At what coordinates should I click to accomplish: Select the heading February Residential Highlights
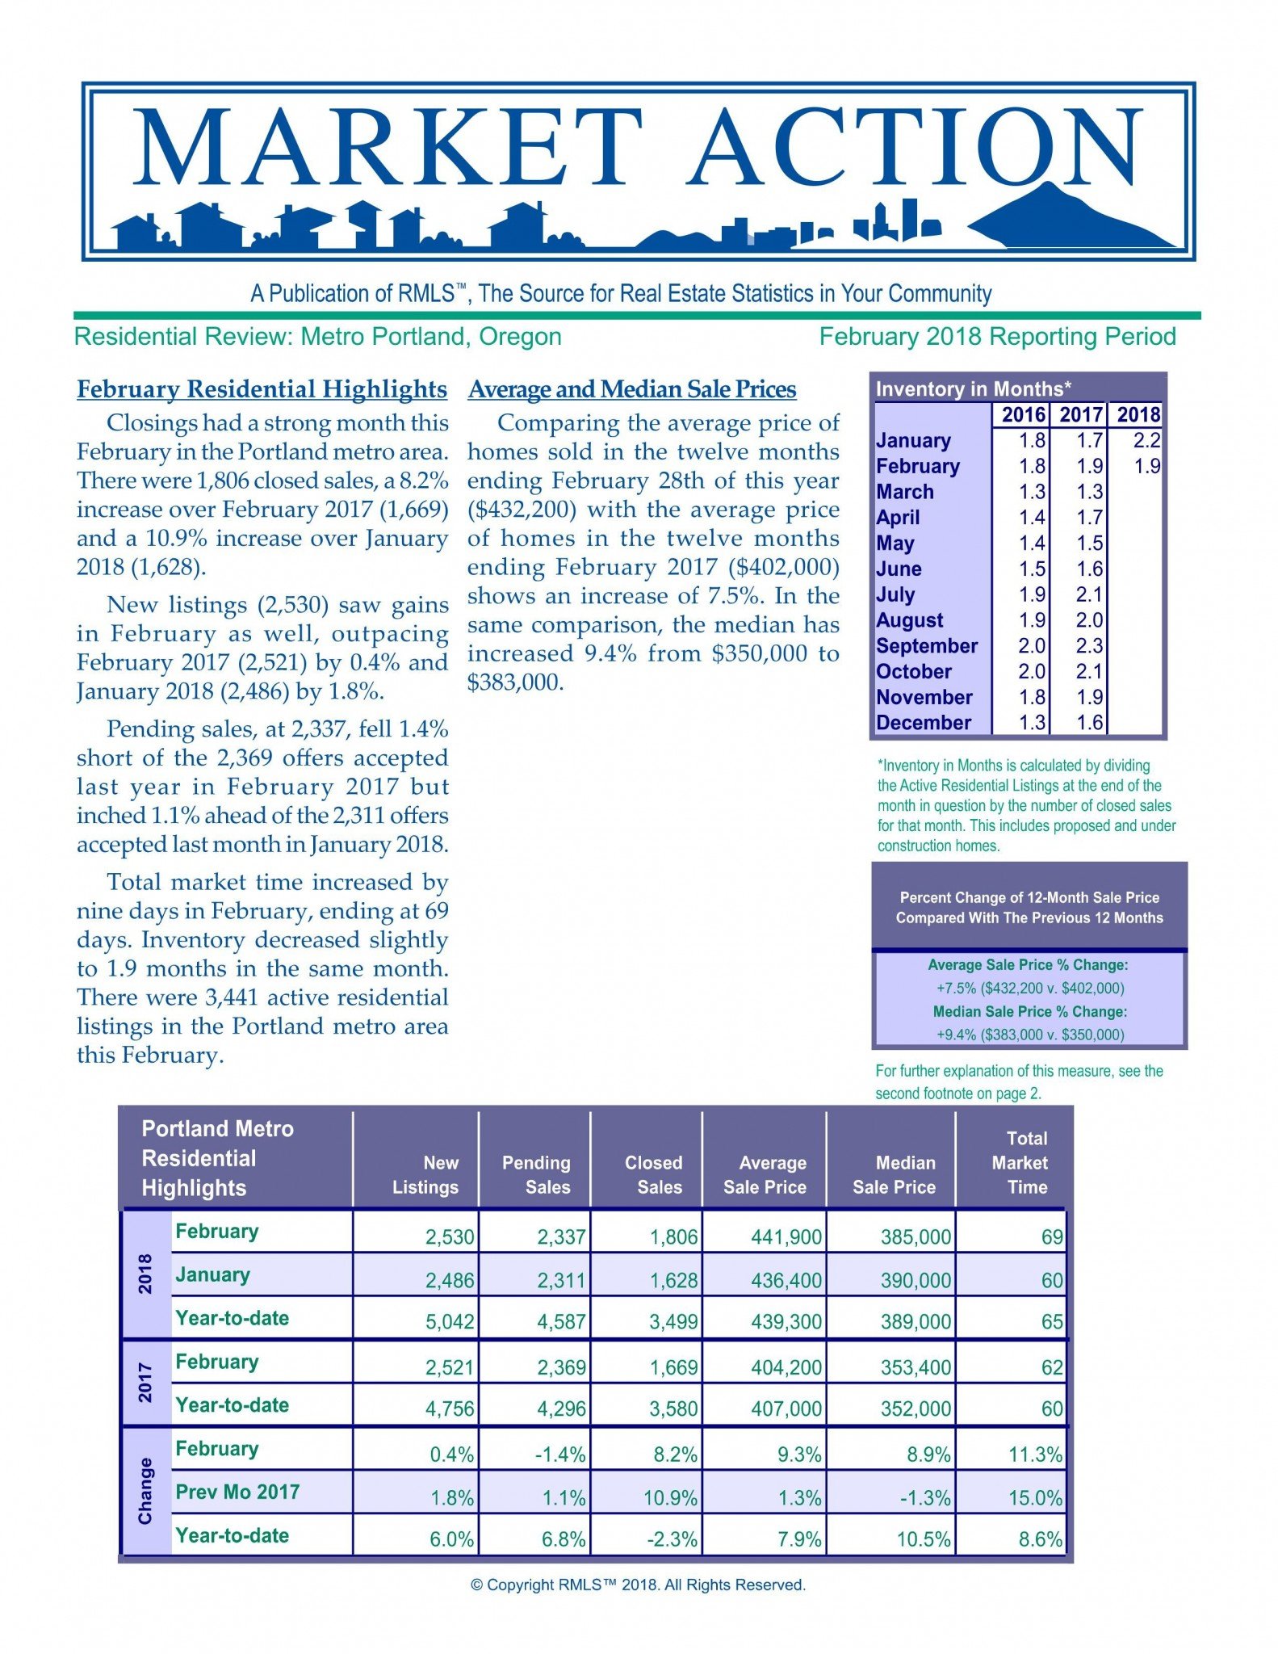point(262,389)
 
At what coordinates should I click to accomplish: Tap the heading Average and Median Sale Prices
point(631,389)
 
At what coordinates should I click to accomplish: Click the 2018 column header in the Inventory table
point(1138,414)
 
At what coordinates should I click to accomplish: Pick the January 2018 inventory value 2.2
point(1146,440)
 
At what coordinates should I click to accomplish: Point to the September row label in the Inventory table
point(926,646)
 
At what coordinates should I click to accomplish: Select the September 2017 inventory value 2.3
point(1089,646)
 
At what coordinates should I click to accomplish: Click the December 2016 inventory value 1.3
point(1032,723)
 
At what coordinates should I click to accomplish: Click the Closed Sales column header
point(653,1174)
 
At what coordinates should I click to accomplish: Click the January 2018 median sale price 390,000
point(916,1280)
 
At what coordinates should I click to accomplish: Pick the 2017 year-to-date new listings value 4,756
point(450,1409)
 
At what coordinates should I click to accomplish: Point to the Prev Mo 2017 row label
point(237,1492)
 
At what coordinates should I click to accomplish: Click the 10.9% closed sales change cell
point(670,1498)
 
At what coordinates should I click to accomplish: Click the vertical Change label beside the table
point(145,1491)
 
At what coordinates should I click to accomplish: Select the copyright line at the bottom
point(638,1585)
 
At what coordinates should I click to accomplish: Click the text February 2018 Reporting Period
point(997,337)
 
